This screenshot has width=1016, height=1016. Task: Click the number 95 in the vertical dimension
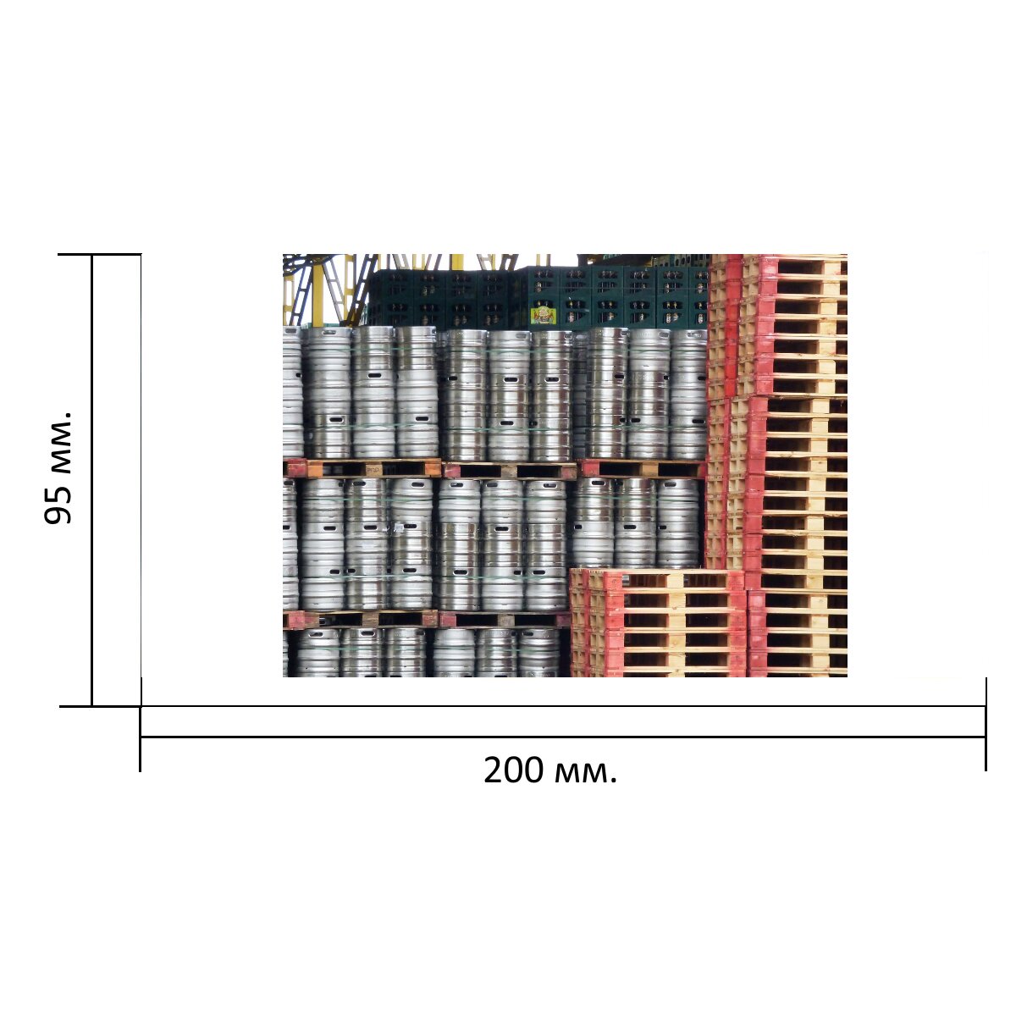(x=58, y=506)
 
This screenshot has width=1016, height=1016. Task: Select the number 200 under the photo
(x=513, y=770)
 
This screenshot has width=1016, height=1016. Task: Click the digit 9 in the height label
(x=58, y=515)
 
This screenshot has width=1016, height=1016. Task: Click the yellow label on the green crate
(x=543, y=315)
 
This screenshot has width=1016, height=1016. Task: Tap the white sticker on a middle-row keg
(x=400, y=527)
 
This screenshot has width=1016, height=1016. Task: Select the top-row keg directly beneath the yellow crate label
(x=550, y=395)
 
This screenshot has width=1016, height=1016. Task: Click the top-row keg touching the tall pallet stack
(x=688, y=395)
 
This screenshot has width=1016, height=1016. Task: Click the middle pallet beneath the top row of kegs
(x=510, y=471)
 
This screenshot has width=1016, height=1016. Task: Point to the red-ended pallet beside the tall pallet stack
(x=642, y=468)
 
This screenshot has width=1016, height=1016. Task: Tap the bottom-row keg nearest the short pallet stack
(x=538, y=652)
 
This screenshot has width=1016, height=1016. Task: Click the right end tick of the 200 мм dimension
(x=986, y=724)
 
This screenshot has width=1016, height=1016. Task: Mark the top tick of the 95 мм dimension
(x=100, y=255)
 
